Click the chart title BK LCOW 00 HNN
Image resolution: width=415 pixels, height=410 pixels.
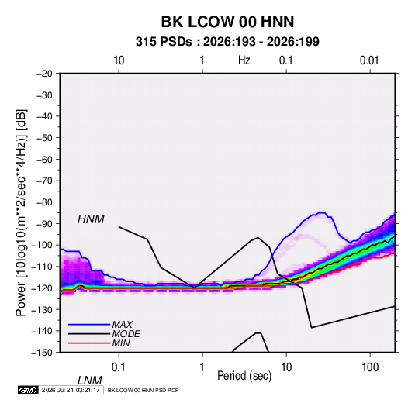tap(227, 22)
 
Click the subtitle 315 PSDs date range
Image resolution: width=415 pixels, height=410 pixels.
tap(227, 42)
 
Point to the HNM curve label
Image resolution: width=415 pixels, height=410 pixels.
tap(91, 219)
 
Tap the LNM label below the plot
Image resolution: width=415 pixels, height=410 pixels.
tap(89, 381)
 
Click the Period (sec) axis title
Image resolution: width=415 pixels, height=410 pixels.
tap(244, 376)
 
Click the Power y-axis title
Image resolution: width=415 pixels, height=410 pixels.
tap(21, 212)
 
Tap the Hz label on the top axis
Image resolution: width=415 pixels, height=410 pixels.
tap(244, 60)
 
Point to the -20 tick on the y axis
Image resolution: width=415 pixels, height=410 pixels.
tap(44, 74)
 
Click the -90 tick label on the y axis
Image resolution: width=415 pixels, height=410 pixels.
tap(44, 224)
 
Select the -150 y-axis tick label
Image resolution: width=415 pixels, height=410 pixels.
tap(43, 353)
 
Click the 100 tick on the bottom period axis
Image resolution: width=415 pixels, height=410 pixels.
tap(370, 367)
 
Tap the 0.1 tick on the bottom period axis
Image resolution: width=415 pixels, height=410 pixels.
tap(119, 367)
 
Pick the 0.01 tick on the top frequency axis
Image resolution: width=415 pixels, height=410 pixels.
tap(369, 60)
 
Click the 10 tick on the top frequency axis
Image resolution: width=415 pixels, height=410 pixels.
tap(119, 60)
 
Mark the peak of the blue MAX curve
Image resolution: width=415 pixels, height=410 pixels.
tap(323, 212)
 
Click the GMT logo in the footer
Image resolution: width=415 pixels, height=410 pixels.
tap(28, 390)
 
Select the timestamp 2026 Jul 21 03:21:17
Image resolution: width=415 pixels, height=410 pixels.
tap(71, 390)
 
